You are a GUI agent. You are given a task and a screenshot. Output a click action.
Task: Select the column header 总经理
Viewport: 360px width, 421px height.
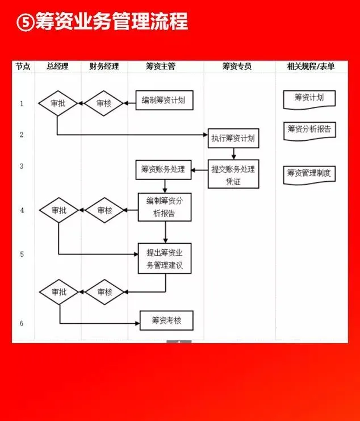57,66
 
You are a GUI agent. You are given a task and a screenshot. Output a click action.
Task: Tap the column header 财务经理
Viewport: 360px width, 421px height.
104,66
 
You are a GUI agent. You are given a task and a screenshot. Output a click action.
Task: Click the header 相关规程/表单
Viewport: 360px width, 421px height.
311,66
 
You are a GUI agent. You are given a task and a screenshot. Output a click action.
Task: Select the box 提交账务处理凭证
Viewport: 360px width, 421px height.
233,174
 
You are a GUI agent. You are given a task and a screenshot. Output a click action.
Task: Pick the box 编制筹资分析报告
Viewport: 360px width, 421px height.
165,207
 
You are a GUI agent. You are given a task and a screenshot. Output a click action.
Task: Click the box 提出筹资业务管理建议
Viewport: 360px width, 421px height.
165,258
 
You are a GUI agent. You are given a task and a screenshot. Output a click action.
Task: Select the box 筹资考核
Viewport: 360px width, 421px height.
166,320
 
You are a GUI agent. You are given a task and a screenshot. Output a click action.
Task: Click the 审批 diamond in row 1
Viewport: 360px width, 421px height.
58,103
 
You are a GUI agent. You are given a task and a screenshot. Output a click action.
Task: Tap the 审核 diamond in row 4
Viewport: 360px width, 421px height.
104,210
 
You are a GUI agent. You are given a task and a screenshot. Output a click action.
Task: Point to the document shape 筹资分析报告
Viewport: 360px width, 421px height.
309,130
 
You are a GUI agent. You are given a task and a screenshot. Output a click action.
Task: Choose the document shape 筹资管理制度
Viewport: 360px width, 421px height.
309,173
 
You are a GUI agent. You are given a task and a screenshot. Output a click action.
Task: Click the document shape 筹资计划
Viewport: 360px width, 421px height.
309,98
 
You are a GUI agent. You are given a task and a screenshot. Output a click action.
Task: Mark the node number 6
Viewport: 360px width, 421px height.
22,323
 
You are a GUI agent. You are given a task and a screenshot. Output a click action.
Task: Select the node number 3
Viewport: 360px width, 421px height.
22,166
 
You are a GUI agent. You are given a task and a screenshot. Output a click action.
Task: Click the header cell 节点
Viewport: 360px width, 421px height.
23,66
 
